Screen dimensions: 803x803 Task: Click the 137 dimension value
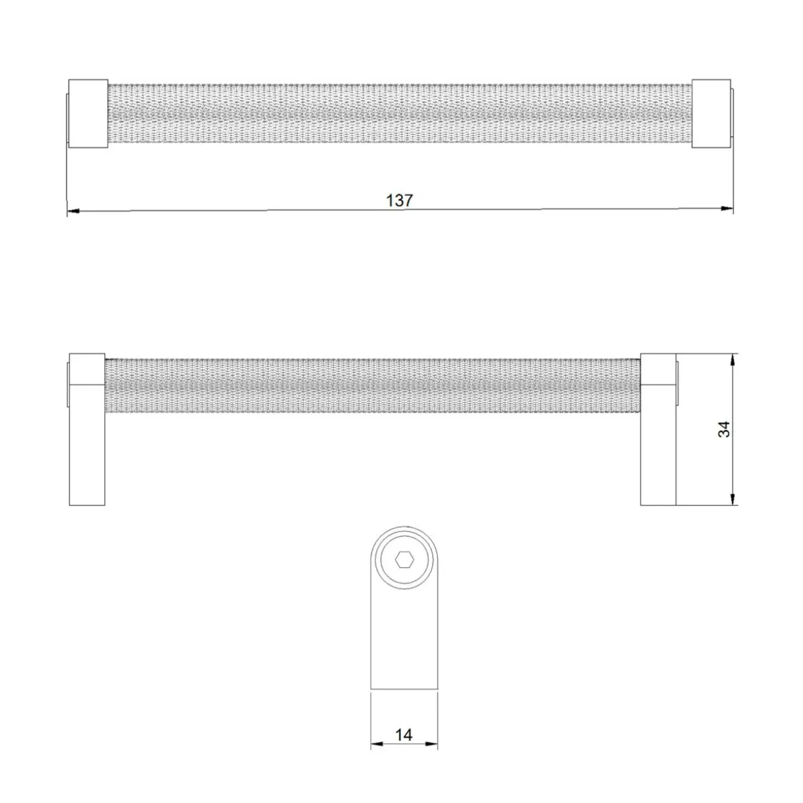point(399,201)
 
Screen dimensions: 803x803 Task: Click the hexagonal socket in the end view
point(404,560)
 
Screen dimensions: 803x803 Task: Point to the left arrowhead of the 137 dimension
point(73,211)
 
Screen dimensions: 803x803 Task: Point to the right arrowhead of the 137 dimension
point(727,209)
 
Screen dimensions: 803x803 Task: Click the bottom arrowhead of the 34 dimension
point(733,499)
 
